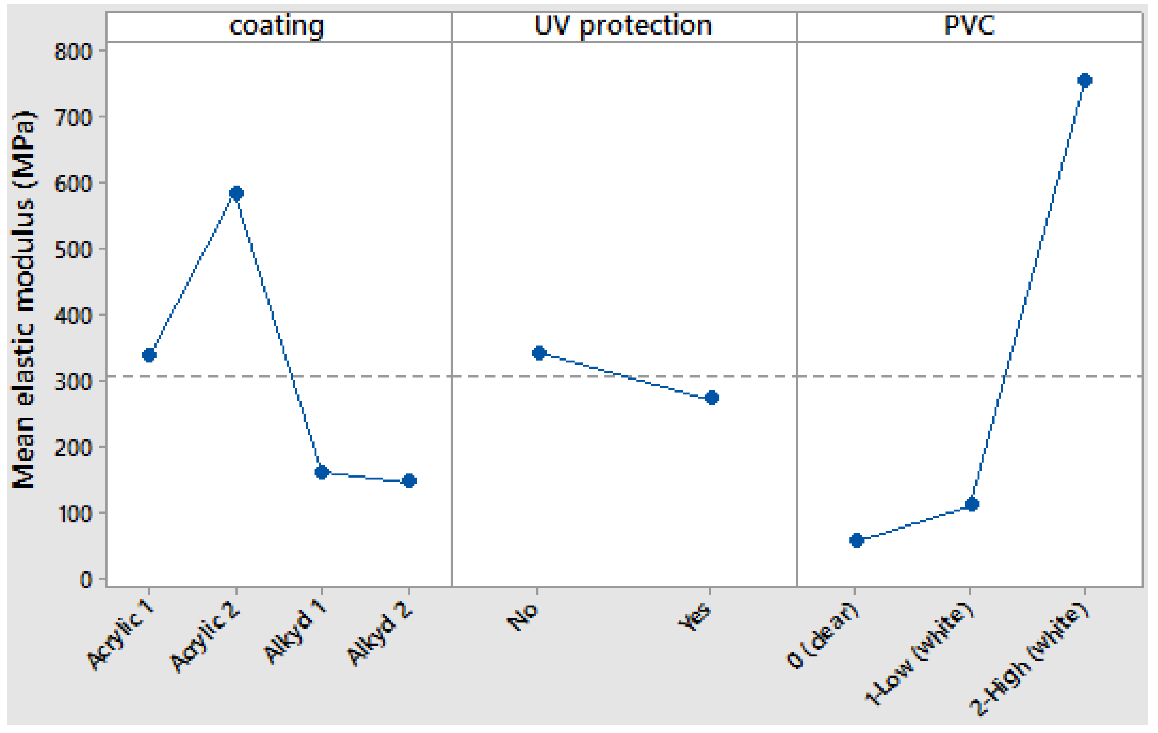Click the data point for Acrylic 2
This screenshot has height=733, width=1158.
pos(236,193)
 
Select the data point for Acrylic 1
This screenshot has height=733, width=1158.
pos(149,355)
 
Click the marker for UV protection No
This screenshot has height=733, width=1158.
pos(539,353)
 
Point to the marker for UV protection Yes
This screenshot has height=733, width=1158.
pos(712,398)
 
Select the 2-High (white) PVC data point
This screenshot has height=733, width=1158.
pos(1084,80)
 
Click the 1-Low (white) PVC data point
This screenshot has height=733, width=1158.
pos(972,504)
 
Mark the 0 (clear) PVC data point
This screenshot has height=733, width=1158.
pos(856,540)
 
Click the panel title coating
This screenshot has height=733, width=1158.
pos(277,26)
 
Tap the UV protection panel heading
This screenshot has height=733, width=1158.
pos(623,26)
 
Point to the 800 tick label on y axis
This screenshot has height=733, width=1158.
pos(73,52)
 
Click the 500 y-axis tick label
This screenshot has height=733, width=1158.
pos(73,250)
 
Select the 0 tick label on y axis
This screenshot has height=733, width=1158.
pos(85,580)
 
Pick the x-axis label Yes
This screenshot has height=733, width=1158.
pos(695,617)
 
